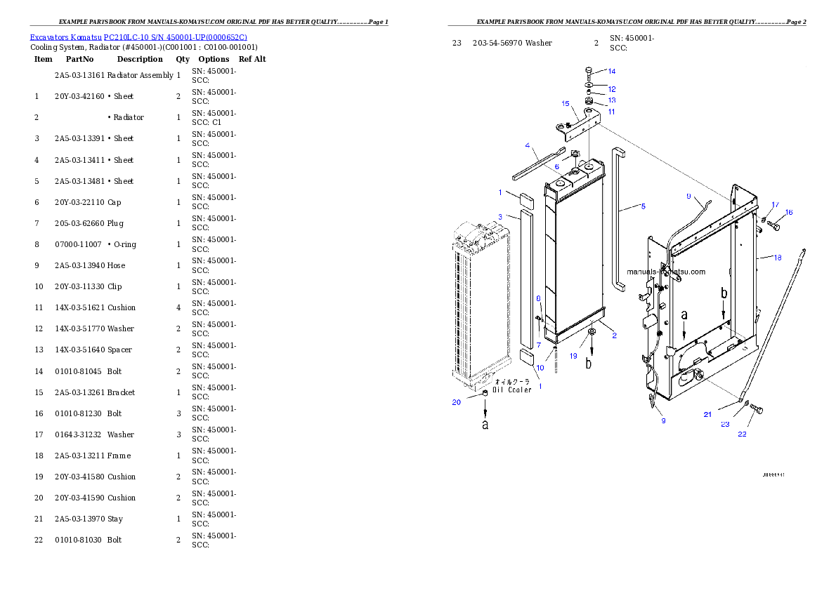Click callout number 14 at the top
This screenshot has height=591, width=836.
tap(611, 72)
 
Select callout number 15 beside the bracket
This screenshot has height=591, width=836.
tap(565, 103)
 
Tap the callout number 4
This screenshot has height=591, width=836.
tap(526, 145)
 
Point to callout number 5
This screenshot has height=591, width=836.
tap(642, 206)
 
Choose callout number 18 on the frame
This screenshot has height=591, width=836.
tap(777, 258)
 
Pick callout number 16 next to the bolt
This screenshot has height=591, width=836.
tap(788, 212)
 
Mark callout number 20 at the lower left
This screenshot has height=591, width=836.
tap(457, 402)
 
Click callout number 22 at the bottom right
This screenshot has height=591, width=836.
tap(742, 434)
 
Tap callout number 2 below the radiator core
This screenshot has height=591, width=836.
tap(614, 336)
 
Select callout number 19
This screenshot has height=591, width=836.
tap(573, 356)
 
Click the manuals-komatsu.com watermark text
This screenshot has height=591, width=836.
tap(666, 272)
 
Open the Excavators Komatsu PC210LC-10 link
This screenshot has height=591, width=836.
tap(138, 37)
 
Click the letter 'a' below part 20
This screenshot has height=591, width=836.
tap(485, 424)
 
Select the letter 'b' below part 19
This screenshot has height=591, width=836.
tap(589, 364)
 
